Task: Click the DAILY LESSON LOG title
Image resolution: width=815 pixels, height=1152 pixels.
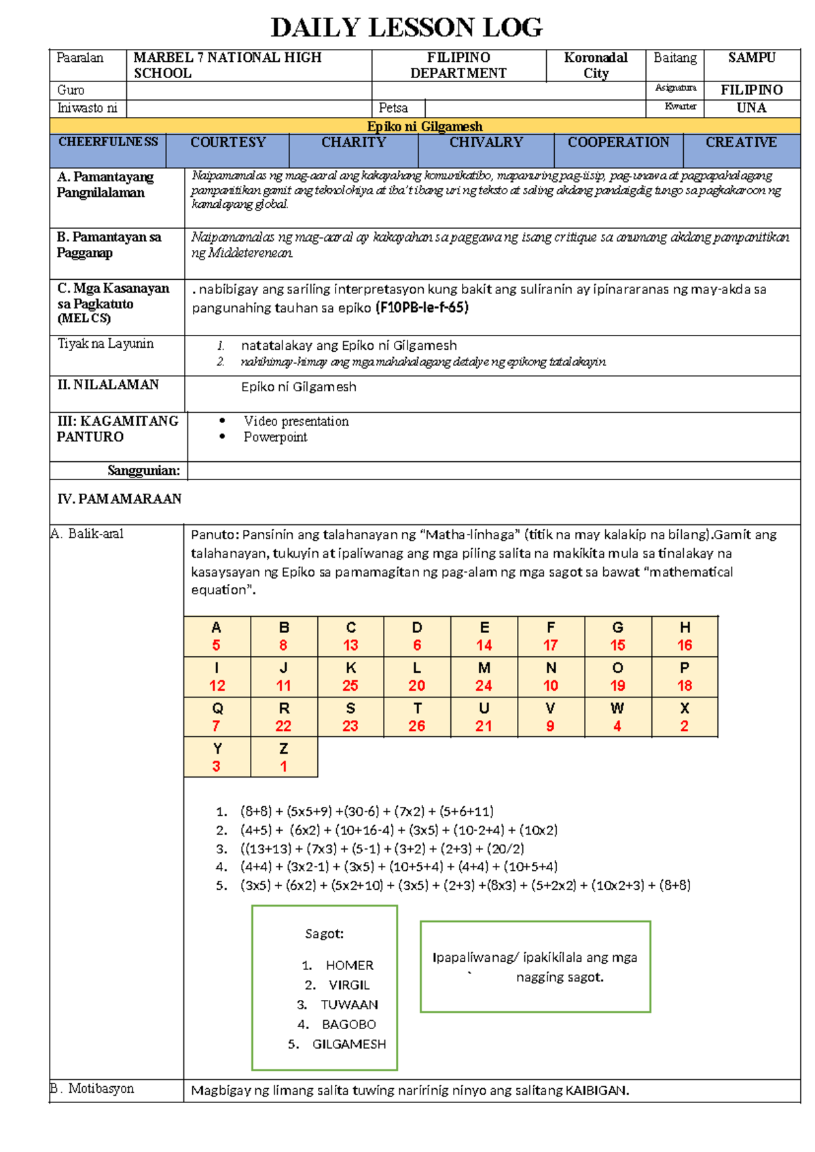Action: click(406, 28)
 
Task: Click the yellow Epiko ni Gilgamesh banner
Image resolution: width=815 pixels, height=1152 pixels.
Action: click(424, 126)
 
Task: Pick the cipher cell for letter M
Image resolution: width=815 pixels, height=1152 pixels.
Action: click(484, 677)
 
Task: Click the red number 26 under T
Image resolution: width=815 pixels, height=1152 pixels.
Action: click(416, 726)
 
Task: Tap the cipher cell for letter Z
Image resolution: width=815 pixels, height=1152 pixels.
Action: click(284, 757)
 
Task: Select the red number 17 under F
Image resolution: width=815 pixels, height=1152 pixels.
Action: click(550, 645)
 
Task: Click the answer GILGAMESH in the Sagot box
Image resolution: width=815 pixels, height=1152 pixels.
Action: click(348, 1044)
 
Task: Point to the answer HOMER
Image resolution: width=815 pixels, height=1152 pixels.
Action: click(349, 965)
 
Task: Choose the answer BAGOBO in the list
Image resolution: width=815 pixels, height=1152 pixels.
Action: click(348, 1024)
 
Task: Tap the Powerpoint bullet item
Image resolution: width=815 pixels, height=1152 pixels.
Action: click(275, 437)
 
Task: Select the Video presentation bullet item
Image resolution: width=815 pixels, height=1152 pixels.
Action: click(296, 421)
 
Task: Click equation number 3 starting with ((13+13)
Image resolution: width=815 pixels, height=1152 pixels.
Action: click(382, 848)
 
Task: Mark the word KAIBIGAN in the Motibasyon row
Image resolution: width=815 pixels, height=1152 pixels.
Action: click(596, 1090)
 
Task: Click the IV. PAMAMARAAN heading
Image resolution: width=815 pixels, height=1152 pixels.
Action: click(120, 499)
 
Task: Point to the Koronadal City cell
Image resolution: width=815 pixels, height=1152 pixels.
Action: click(596, 65)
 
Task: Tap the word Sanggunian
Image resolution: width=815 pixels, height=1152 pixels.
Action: click(143, 470)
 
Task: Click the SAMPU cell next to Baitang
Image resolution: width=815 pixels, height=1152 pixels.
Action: click(751, 58)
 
